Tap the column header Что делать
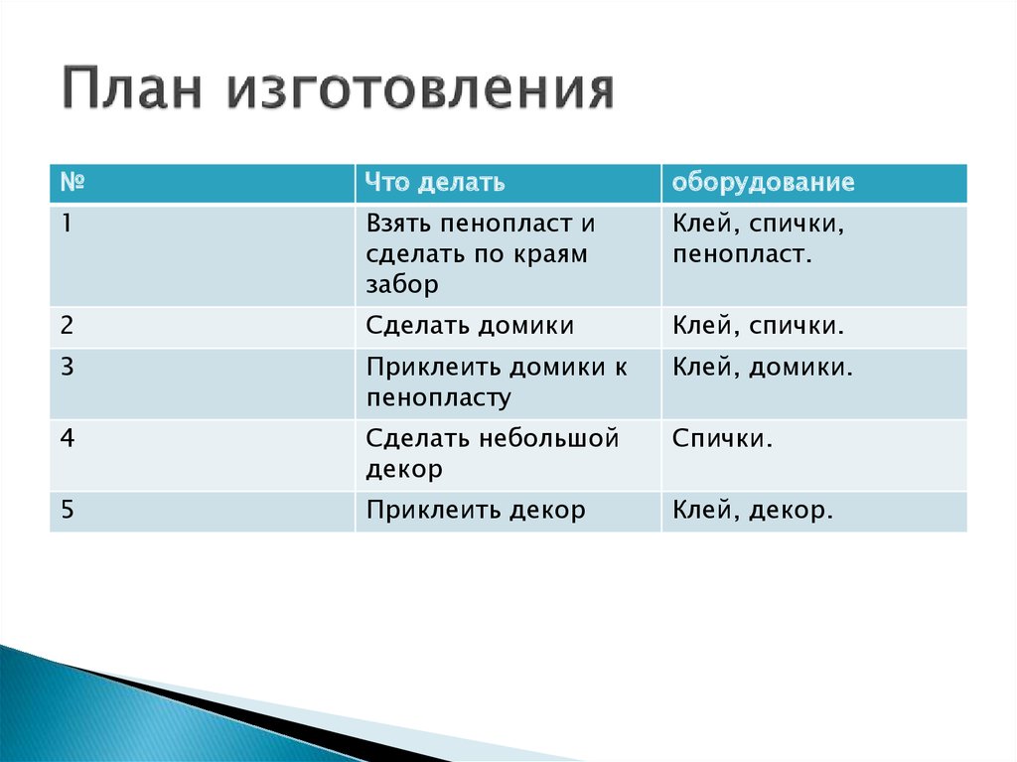coord(435,183)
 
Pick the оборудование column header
coord(763,183)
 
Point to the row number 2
coord(67,325)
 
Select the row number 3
coord(67,367)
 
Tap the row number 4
coord(67,438)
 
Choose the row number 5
coord(67,510)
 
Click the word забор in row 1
coord(401,285)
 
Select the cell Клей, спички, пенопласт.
coord(758,239)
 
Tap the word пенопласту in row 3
coord(438,398)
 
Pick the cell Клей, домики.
coord(763,368)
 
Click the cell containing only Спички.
coord(722,438)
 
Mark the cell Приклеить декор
coord(475,511)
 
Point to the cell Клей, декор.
coord(752,511)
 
